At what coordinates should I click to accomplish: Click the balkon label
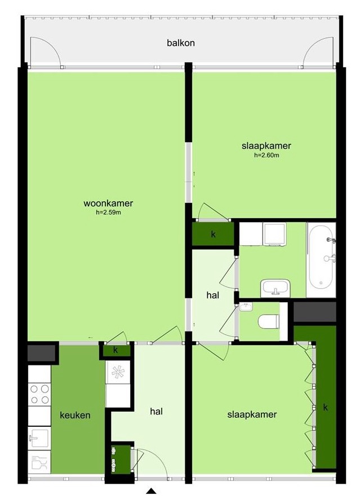point(181,43)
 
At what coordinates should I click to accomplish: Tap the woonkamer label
point(108,203)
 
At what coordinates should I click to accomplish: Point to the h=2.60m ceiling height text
point(266,155)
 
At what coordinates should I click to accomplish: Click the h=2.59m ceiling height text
point(108,213)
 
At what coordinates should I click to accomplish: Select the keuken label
point(75,415)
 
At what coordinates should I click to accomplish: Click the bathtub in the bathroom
point(321,260)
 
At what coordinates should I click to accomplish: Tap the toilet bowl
point(268,321)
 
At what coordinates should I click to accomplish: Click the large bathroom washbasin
point(275,288)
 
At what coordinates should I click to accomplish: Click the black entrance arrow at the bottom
point(152,491)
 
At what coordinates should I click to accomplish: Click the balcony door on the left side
point(45,52)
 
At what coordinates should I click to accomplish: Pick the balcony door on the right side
point(318,52)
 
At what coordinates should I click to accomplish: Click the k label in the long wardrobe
point(325,407)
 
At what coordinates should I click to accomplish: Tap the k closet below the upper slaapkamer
point(214,234)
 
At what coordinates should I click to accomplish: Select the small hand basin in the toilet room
point(245,307)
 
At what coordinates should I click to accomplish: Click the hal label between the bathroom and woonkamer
point(213,295)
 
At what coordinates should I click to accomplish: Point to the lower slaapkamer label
point(252,414)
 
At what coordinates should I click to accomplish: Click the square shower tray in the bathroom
point(274,234)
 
